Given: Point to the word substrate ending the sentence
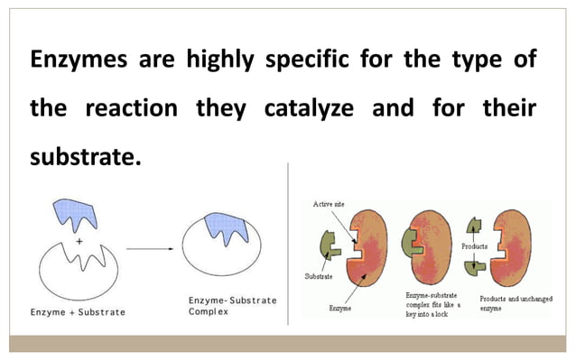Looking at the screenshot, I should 86,157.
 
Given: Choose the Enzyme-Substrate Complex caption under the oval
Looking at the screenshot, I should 230,305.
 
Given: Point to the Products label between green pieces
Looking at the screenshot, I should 474,245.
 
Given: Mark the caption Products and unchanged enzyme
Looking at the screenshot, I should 516,303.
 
